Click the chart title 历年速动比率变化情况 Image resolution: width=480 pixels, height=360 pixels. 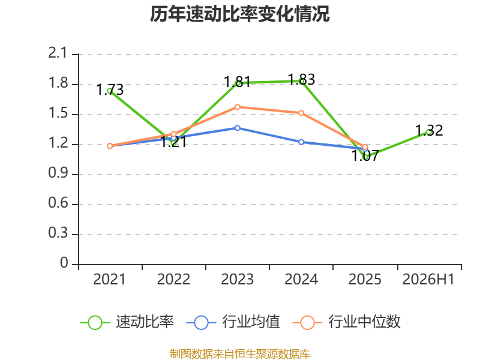coord(239,14)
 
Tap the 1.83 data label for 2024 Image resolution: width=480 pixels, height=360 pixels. coord(302,79)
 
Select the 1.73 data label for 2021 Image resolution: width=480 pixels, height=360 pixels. coord(110,89)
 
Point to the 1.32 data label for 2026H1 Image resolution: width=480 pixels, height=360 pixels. coord(429,130)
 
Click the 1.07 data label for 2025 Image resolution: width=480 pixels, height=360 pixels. coord(365,155)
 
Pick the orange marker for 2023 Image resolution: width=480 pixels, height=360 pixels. coord(238,107)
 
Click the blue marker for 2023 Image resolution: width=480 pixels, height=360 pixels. coord(238,128)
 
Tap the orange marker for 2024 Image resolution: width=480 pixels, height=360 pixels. coord(301,113)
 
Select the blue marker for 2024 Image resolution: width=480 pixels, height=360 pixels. coord(301,142)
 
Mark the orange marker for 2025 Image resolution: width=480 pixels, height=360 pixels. coord(365,147)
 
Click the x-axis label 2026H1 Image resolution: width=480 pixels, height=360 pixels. coord(428,279)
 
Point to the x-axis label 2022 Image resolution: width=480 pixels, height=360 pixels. coord(173,279)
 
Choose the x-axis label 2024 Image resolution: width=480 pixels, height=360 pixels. coord(301,279)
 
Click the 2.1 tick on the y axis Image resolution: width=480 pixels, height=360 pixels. coord(58,53)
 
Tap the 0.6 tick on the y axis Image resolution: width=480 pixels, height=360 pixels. coord(58,203)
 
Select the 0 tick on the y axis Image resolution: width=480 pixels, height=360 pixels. coord(64,263)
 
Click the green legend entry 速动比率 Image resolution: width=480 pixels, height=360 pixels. coord(127,322)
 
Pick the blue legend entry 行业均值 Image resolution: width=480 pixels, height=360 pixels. coord(233,322)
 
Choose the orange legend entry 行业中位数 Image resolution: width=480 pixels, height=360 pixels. coord(347,322)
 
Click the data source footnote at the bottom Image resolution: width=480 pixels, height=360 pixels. coord(239,354)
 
